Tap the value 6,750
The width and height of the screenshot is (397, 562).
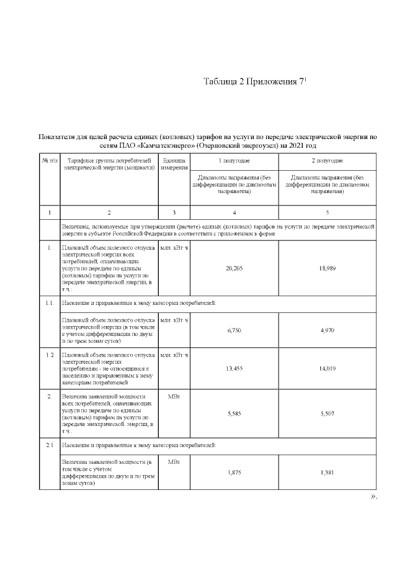[234, 330]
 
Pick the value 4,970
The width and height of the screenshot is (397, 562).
[327, 330]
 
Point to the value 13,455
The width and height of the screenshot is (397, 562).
[234, 368]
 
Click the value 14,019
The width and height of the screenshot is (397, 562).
[327, 368]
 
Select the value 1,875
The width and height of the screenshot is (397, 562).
[234, 473]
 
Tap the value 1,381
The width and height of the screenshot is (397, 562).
[327, 473]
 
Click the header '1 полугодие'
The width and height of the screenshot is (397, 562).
[234, 161]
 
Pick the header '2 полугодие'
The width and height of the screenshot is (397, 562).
[327, 161]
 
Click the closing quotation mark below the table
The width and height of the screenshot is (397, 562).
[373, 497]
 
